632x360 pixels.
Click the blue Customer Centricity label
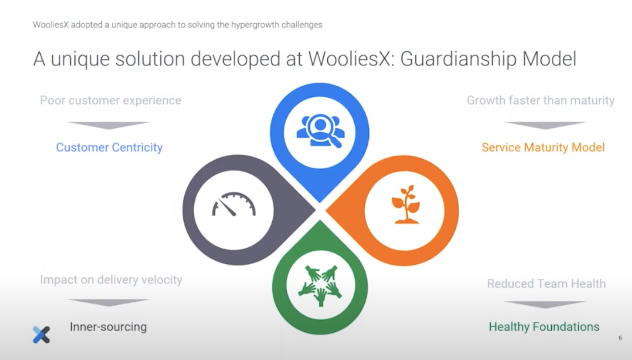coord(109,147)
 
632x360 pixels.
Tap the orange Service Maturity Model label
coord(543,147)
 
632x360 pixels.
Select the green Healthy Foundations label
coord(544,327)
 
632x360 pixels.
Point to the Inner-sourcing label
coord(109,327)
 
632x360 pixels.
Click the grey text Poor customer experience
coord(111,100)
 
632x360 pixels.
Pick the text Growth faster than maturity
coord(541,100)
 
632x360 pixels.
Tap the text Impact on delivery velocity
coord(111,280)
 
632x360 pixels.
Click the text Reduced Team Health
coord(547,283)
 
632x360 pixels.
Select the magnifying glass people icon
coord(321,130)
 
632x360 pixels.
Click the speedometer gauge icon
coord(234,204)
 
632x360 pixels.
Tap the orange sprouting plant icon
coord(406,204)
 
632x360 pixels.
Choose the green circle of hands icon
coord(320,285)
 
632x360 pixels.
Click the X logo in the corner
coord(41,334)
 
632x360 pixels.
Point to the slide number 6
coord(620,338)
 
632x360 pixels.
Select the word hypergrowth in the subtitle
coord(255,25)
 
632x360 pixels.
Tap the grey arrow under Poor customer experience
coord(109,125)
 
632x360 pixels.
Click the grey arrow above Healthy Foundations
coord(545,304)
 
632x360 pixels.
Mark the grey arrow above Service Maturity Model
coord(545,125)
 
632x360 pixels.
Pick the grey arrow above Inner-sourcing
coord(109,303)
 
